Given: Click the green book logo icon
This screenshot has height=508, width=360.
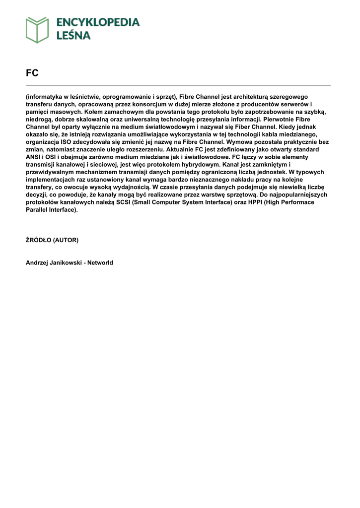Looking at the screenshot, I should point(37,29).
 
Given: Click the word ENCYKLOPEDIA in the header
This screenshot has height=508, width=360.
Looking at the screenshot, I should point(98,22).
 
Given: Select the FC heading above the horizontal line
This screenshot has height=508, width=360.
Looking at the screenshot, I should point(32,73).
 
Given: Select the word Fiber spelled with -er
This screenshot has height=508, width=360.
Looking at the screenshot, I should point(233,127).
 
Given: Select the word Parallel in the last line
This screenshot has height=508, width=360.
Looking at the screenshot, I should point(37,210).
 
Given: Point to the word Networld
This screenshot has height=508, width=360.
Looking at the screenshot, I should point(100,263).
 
